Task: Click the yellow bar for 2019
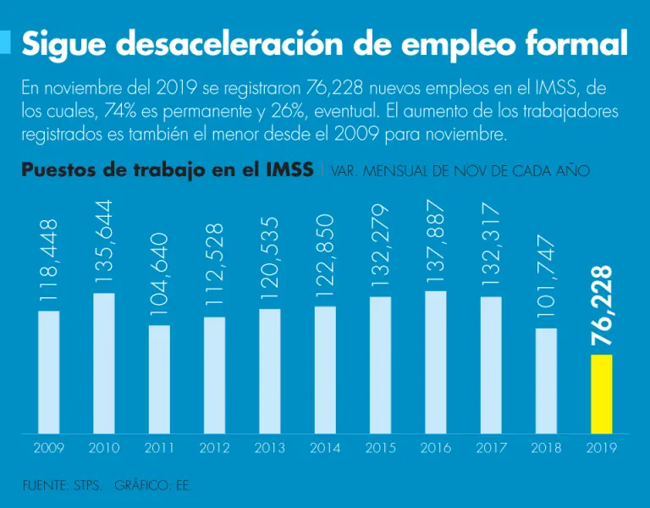pyautogui.click(x=601, y=394)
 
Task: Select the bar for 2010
pyautogui.click(x=104, y=363)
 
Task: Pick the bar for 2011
pyautogui.click(x=159, y=379)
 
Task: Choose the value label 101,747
pyautogui.click(x=546, y=280)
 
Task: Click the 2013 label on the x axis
pyautogui.click(x=269, y=448)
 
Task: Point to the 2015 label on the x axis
pyautogui.click(x=380, y=448)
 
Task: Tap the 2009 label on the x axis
pyautogui.click(x=48, y=448)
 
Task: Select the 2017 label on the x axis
pyautogui.click(x=491, y=448)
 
